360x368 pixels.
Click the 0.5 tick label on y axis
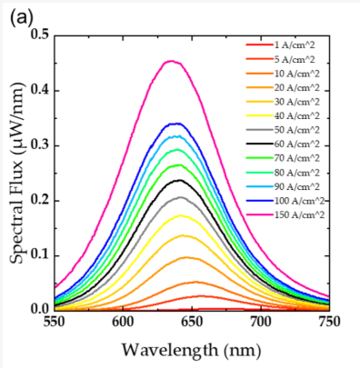point(39,35)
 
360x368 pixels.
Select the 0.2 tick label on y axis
point(39,200)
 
